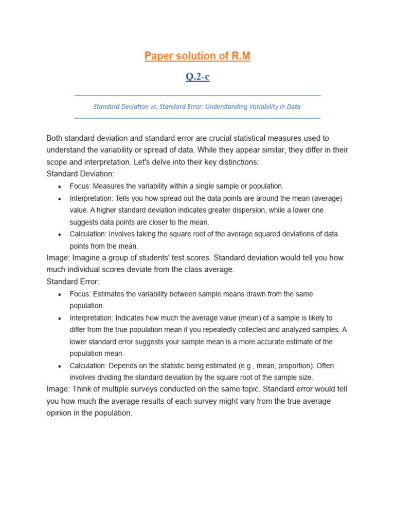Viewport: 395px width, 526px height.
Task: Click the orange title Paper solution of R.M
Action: point(197,56)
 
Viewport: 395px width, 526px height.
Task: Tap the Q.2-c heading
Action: point(197,77)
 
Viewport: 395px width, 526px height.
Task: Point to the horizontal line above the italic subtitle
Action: point(197,95)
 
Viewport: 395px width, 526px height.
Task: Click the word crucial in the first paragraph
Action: point(227,138)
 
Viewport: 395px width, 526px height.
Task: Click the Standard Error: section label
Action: point(73,281)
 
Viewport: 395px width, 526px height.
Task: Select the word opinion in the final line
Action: point(60,413)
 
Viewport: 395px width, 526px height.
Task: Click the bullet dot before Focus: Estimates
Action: point(60,295)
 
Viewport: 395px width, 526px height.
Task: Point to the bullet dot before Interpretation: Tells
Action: point(60,199)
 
